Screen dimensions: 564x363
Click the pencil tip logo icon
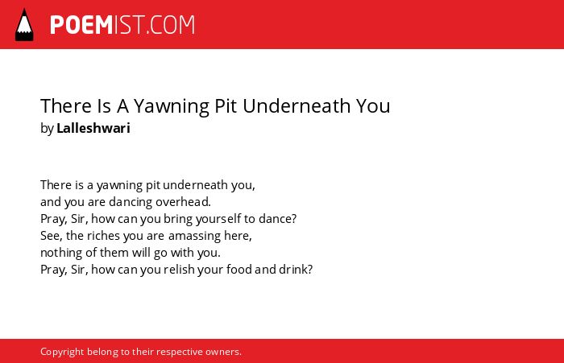tap(24, 24)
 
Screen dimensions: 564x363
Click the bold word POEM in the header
tap(81, 25)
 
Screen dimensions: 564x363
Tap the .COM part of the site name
tap(171, 25)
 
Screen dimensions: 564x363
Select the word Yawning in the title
tap(172, 106)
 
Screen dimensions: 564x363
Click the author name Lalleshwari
tap(93, 128)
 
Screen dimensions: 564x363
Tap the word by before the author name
tap(47, 129)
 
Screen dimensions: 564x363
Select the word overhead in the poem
tap(183, 202)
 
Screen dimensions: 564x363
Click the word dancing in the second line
tap(131, 202)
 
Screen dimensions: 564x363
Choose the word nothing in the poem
tap(61, 253)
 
